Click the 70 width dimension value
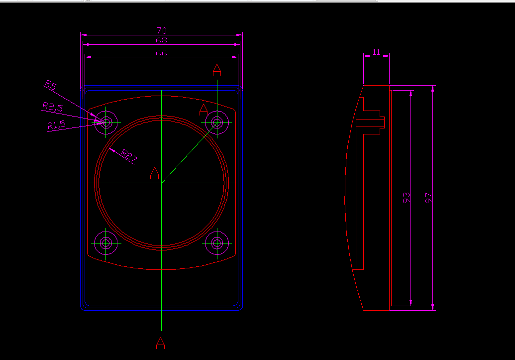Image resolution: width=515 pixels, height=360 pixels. point(161,31)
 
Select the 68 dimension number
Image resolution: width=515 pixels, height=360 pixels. point(161,40)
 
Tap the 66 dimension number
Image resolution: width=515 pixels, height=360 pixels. point(161,53)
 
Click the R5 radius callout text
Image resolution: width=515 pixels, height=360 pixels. point(51,85)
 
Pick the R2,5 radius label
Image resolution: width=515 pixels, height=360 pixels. point(52,107)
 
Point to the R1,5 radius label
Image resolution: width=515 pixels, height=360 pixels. point(56,125)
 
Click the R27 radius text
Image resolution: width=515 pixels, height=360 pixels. point(129,157)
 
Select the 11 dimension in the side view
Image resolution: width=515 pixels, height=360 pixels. point(376,52)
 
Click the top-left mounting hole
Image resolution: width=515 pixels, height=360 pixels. point(105,121)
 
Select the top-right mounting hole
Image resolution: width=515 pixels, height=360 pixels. point(217,121)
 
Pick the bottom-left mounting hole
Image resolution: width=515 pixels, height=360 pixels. point(105,243)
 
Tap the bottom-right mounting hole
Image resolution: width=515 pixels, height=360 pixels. point(217,243)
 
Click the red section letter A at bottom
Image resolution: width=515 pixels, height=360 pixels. point(160,343)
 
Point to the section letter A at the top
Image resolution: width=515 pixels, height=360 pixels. point(216,70)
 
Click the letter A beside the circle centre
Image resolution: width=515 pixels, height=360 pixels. point(154,173)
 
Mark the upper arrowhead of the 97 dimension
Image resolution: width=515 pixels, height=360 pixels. point(433,89)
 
